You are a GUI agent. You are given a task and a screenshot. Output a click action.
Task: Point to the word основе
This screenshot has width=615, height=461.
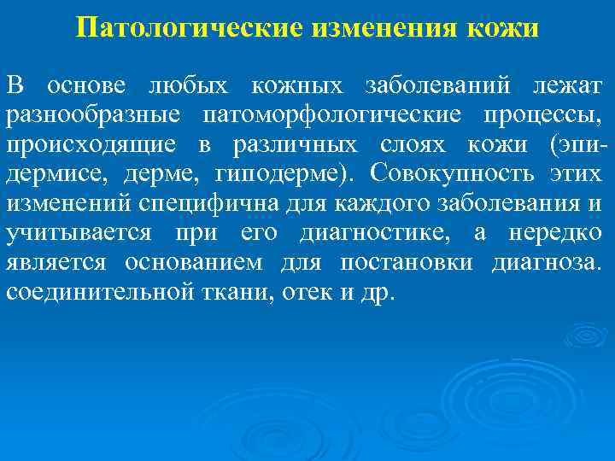click(x=86, y=86)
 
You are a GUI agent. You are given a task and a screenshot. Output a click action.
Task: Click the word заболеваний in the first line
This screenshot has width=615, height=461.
click(x=437, y=86)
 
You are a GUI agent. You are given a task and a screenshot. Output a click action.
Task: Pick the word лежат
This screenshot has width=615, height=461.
click(x=567, y=86)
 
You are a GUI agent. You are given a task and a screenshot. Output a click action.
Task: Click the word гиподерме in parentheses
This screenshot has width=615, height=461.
click(x=285, y=173)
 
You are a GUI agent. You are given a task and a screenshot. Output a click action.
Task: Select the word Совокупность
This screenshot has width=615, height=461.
click(x=456, y=173)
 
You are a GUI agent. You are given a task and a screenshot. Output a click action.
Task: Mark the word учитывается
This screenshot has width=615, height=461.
click(x=79, y=232)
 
